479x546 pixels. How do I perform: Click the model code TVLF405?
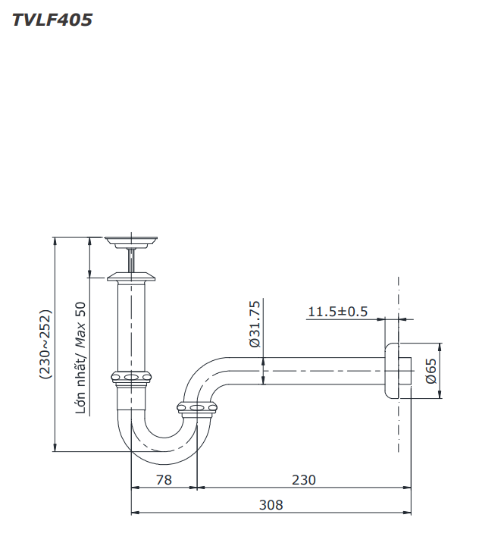(52, 20)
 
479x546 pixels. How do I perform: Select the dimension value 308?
(271, 504)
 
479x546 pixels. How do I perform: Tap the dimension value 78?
(164, 479)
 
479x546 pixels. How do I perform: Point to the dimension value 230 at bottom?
(303, 479)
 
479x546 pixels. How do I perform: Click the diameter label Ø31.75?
(255, 324)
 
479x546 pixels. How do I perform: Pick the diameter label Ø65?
(430, 370)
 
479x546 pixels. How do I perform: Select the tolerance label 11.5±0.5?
(337, 312)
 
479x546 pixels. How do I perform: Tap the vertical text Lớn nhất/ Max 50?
(80, 357)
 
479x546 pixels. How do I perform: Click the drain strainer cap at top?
(132, 242)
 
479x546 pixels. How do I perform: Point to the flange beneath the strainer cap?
(132, 277)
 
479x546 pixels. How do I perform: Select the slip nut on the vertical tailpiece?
(132, 377)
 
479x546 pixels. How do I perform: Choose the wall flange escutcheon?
(391, 370)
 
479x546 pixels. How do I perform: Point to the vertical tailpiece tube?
(132, 326)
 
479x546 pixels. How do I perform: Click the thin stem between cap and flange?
(133, 259)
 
